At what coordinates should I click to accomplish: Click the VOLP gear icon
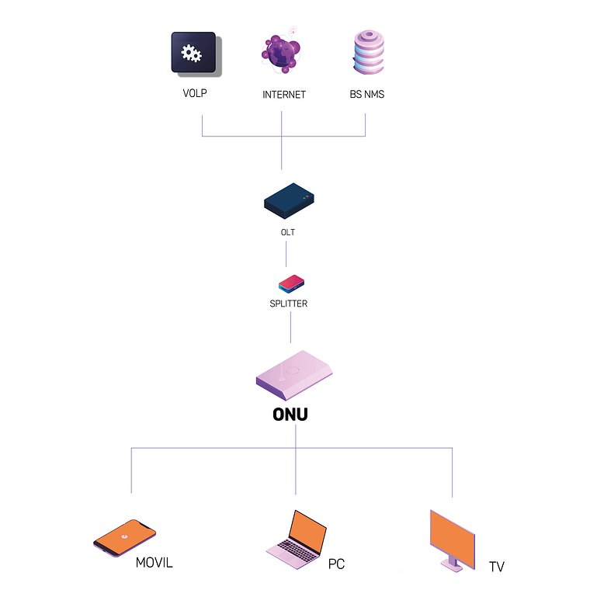coord(192,52)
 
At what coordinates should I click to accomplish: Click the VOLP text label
coord(194,94)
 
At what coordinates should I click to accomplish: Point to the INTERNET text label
coord(284,95)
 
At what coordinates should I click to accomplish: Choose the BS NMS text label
coord(366,95)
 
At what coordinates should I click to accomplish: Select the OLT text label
coord(287,232)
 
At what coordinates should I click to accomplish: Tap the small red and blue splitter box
coord(291,283)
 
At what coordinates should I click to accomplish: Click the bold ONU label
coord(290,415)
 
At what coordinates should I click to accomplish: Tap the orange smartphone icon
coord(124,537)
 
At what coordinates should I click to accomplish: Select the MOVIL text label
coord(154,562)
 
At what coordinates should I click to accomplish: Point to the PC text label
coord(336,564)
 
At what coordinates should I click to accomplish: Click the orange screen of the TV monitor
coord(453,535)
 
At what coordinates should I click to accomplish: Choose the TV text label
coord(496,567)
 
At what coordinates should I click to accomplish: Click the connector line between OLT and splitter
coord(286,254)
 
